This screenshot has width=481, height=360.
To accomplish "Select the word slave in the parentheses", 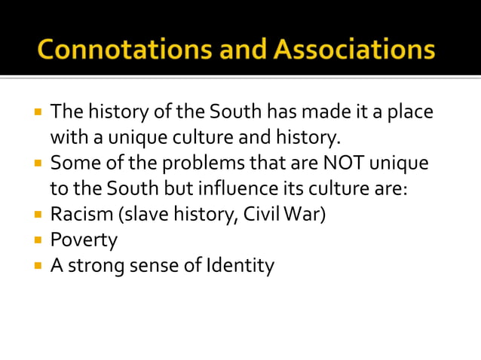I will coord(141,214).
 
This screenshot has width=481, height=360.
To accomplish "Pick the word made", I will coord(319,113).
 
